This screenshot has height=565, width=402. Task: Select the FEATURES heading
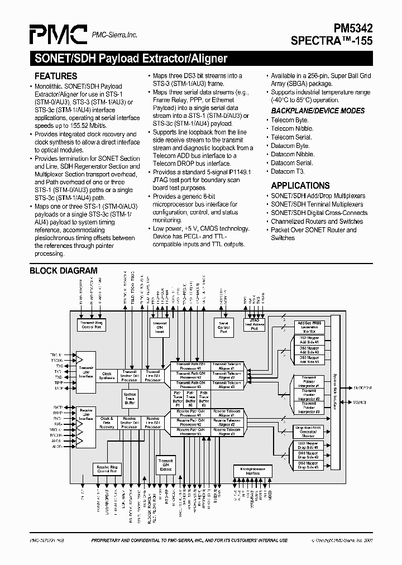[56, 76]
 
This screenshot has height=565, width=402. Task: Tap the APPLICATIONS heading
[300, 185]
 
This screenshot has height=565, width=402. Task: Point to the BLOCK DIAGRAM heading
[63, 271]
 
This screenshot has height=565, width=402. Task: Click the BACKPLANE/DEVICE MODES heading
[318, 111]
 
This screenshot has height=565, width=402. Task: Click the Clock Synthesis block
[107, 376]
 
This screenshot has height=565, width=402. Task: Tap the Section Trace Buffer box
[130, 398]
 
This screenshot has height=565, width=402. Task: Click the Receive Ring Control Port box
[107, 470]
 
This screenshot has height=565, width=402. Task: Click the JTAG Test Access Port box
[254, 325]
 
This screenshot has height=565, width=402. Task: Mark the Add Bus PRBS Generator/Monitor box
[309, 327]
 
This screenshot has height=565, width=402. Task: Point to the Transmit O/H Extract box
[166, 465]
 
